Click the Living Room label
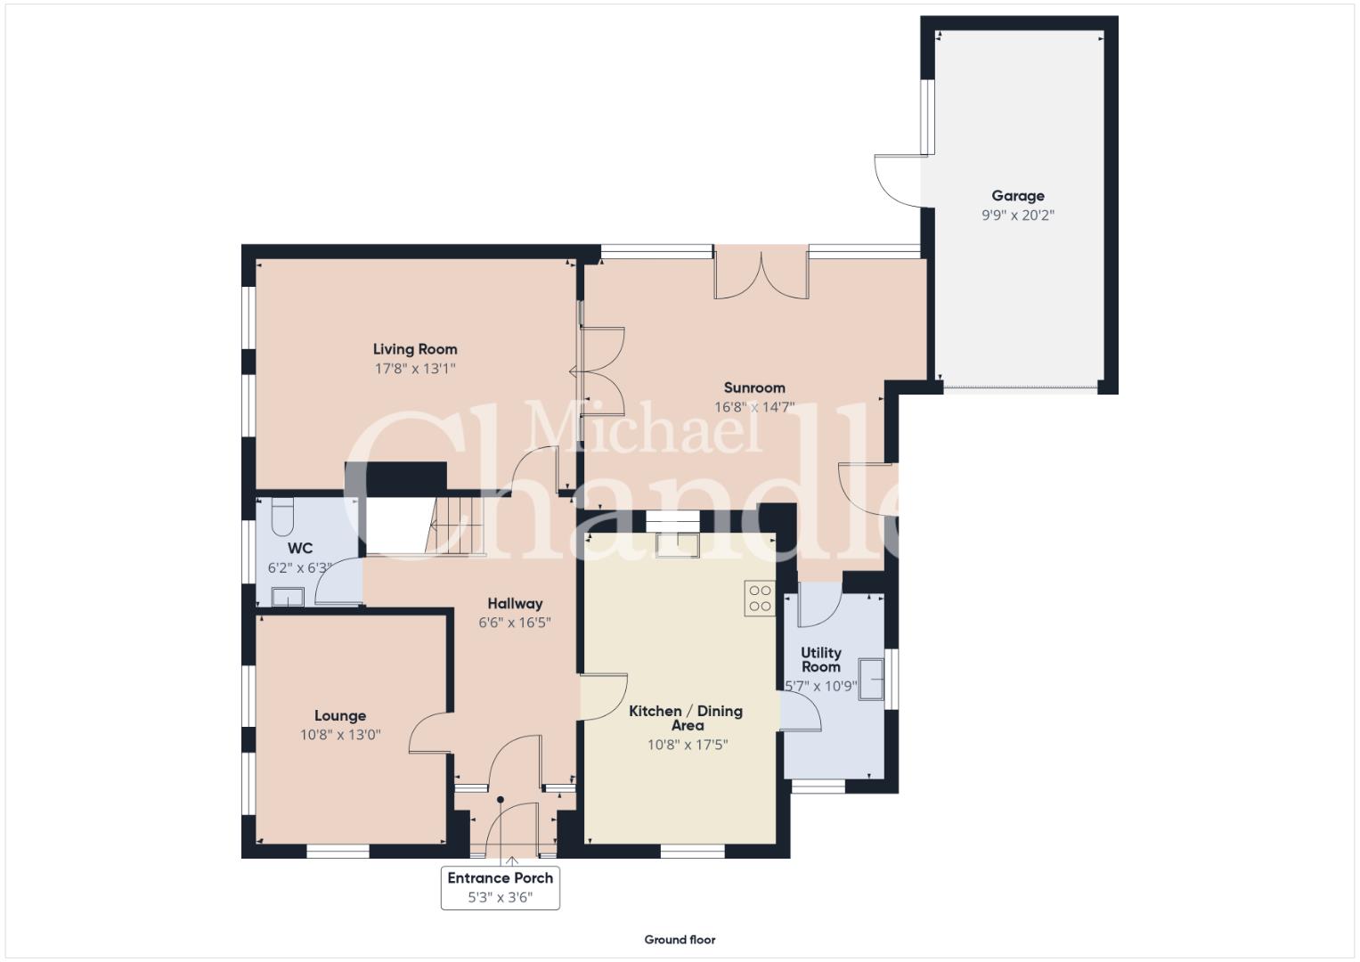coord(415,349)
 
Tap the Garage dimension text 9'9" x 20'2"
coord(1018,215)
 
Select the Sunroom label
coord(754,387)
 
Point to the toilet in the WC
coord(281,517)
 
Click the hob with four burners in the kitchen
coord(760,598)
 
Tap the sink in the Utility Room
coord(871,679)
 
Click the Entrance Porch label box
coord(501,887)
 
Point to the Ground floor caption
coord(680,940)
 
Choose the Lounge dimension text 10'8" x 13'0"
coord(340,735)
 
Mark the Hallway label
coord(515,604)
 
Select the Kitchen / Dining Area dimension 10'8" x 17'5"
coord(688,745)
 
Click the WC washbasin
coord(288,597)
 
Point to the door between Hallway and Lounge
coord(430,733)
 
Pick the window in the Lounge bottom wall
coord(338,852)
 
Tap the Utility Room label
coord(821,659)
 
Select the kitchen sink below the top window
coord(677,545)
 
